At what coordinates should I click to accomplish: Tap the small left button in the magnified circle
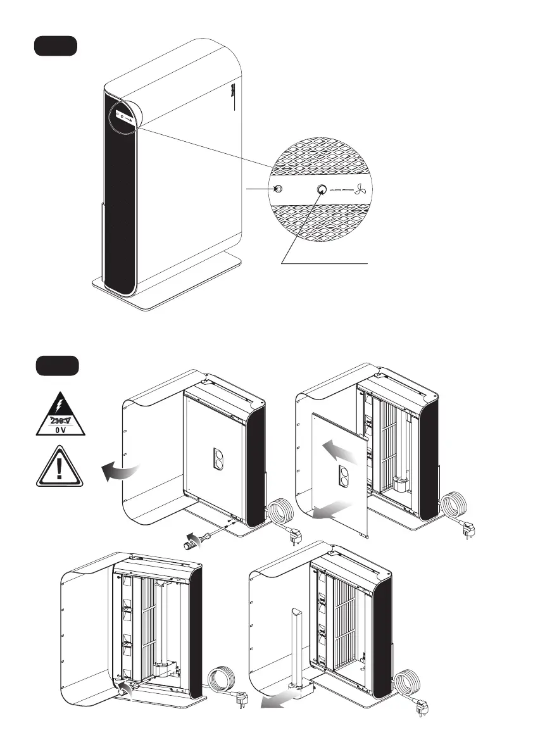(277, 189)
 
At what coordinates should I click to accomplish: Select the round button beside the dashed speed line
(321, 189)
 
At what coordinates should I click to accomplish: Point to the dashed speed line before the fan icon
(342, 189)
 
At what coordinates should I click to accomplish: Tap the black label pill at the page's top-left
(55, 46)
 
